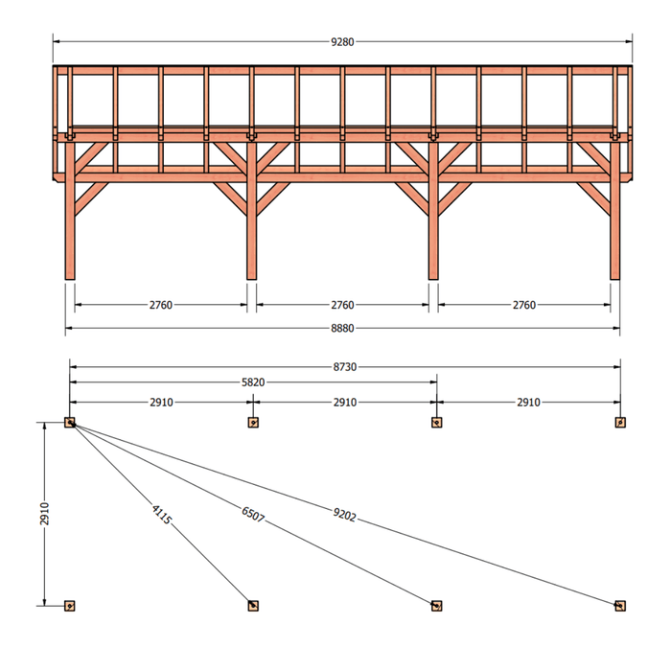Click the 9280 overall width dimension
[x=342, y=42]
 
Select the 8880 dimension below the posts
[x=342, y=328]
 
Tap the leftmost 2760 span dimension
[x=160, y=305]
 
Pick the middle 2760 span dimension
[x=342, y=305]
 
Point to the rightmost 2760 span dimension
[x=524, y=305]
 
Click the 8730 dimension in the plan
[x=345, y=367]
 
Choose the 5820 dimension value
[x=253, y=382]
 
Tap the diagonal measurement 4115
[x=161, y=515]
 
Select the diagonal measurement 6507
[x=253, y=515]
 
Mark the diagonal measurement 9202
[x=344, y=515]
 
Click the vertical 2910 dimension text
[x=44, y=514]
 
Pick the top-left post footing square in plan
[x=70, y=423]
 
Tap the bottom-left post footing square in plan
[x=70, y=606]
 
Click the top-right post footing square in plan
[x=620, y=423]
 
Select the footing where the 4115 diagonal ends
[x=253, y=606]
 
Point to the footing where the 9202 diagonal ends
[x=620, y=606]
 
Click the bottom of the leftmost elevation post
[x=70, y=279]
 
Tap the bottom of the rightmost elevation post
[x=615, y=279]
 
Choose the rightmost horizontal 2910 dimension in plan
[x=528, y=403]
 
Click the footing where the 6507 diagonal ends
[x=436, y=606]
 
